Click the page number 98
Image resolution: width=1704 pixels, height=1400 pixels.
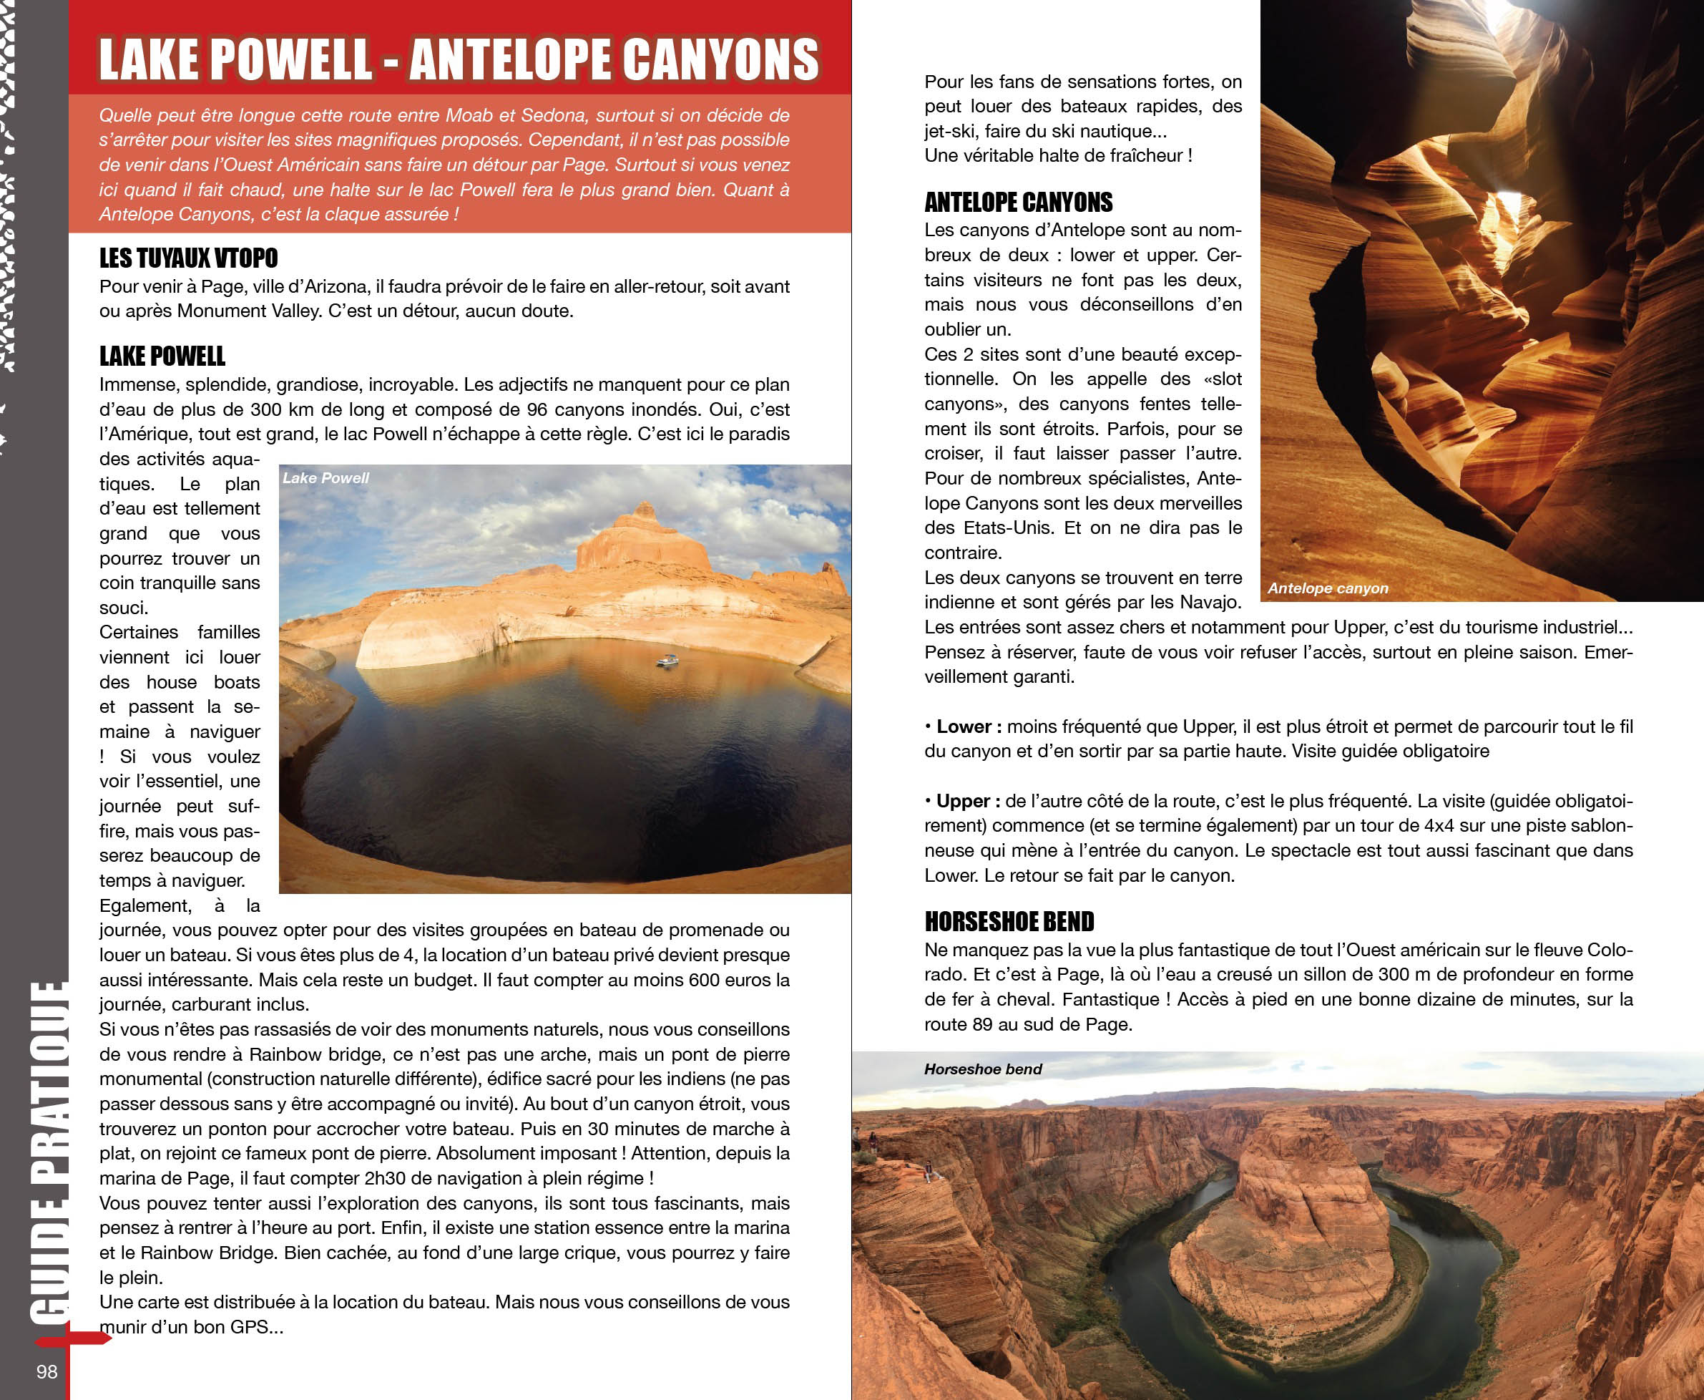pos(46,1371)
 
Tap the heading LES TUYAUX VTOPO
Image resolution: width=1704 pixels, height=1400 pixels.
pos(189,258)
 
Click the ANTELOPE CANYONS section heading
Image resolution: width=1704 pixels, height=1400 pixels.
pos(1018,202)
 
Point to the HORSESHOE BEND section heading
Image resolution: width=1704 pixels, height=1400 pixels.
pos(1009,921)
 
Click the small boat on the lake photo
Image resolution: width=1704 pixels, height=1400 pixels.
pos(667,661)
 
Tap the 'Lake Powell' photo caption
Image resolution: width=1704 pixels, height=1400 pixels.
pos(325,477)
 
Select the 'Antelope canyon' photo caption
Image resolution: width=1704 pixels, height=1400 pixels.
pos(1328,588)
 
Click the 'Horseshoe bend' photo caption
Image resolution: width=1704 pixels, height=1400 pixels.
pos(983,1069)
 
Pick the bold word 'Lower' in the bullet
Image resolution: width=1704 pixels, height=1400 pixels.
pos(964,726)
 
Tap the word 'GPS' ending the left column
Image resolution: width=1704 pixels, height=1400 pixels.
pos(248,1326)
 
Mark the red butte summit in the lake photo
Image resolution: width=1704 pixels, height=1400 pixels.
pos(644,510)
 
